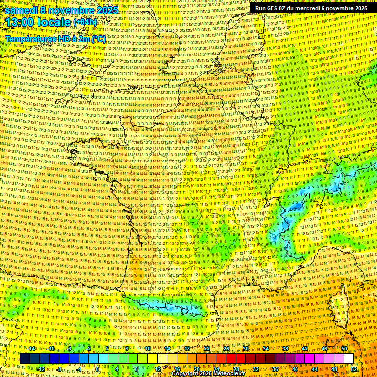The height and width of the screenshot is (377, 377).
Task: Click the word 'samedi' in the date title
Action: (x=23, y=10)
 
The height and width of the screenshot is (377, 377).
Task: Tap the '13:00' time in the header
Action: (x=19, y=22)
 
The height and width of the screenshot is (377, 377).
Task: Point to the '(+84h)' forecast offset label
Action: (x=85, y=22)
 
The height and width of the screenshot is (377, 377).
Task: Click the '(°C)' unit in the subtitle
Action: (x=98, y=38)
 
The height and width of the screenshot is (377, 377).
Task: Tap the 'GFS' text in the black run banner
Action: (x=273, y=8)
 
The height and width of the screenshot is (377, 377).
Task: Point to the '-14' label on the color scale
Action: (x=32, y=349)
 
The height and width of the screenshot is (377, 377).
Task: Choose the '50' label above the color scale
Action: (x=344, y=349)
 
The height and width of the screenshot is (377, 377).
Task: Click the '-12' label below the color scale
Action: (x=42, y=369)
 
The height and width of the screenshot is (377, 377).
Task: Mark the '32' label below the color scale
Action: (x=256, y=369)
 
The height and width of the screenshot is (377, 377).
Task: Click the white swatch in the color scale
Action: (x=349, y=359)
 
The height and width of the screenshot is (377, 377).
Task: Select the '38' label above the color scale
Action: (x=285, y=349)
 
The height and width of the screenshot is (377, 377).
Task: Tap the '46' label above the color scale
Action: (x=324, y=349)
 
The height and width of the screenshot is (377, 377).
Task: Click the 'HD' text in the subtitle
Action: (x=64, y=38)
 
